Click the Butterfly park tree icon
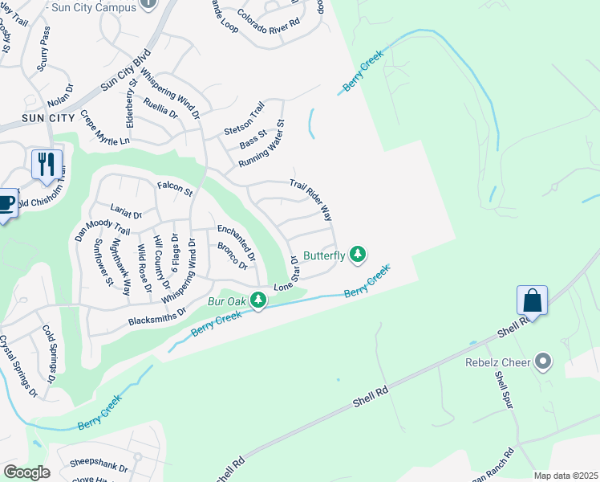[358, 255]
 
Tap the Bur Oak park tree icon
[257, 301]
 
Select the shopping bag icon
[532, 301]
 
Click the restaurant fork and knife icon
[46, 165]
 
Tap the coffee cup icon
[6, 203]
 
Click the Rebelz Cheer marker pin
[544, 362]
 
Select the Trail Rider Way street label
[311, 201]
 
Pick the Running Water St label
[261, 145]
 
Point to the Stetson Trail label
[244, 120]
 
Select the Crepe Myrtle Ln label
[104, 129]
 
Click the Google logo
[26, 472]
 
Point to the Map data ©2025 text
[566, 476]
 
